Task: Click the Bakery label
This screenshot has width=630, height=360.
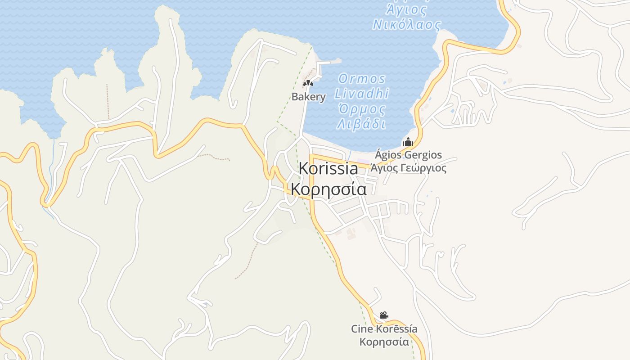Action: click(308, 97)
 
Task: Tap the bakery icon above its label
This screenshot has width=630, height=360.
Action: click(308, 83)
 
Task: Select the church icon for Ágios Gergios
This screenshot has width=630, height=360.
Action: click(408, 142)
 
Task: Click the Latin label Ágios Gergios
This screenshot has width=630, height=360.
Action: click(408, 155)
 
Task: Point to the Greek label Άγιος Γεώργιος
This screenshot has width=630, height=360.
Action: click(408, 168)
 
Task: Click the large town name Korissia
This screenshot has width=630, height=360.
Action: click(328, 169)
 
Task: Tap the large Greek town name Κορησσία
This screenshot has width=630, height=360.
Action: click(328, 189)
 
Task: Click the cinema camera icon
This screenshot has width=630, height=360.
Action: click(384, 315)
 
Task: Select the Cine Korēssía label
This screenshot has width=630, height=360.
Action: click(384, 329)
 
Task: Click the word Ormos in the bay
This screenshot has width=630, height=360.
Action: click(362, 79)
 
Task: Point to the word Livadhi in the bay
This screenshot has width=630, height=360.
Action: click(362, 94)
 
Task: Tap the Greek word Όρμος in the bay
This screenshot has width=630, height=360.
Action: click(362, 109)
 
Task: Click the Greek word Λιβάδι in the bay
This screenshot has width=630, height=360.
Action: click(362, 124)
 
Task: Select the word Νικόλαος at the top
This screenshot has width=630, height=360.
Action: click(407, 24)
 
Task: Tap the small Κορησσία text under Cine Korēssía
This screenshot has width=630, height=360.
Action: click(384, 342)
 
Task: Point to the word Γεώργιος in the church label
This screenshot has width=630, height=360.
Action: click(425, 168)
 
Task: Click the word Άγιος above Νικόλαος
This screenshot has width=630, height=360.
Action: click(407, 9)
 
